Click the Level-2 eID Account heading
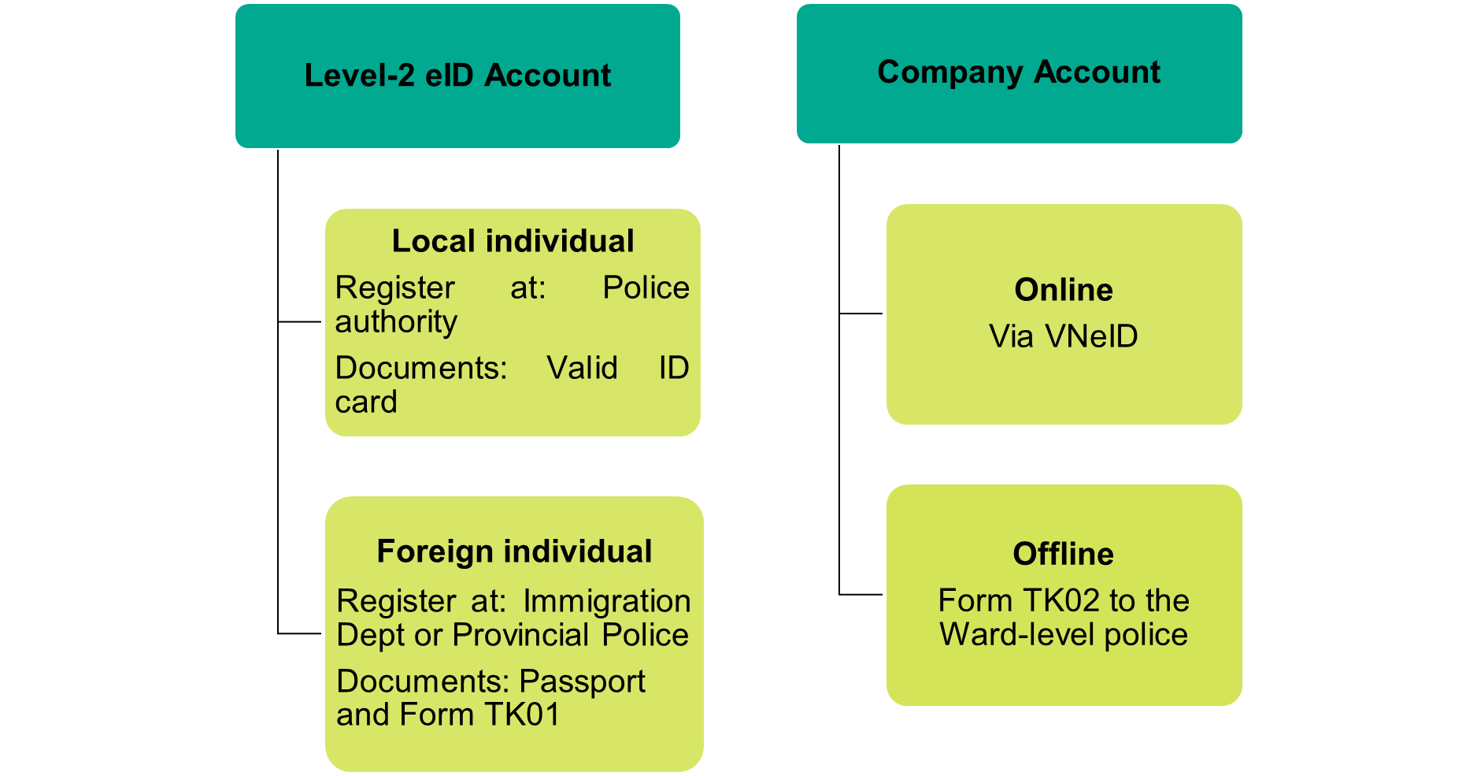(x=457, y=76)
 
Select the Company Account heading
(x=1019, y=72)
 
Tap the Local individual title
(x=513, y=241)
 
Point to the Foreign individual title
(x=514, y=551)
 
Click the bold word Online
(x=1064, y=290)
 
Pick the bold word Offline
(x=1064, y=554)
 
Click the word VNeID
(x=1091, y=336)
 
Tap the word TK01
(x=522, y=715)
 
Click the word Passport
(x=583, y=681)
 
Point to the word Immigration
(x=607, y=601)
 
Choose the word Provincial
(x=520, y=635)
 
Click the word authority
(x=396, y=322)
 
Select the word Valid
(x=583, y=368)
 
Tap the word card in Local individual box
(x=366, y=402)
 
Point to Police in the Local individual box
(x=646, y=288)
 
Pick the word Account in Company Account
(x=1097, y=72)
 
